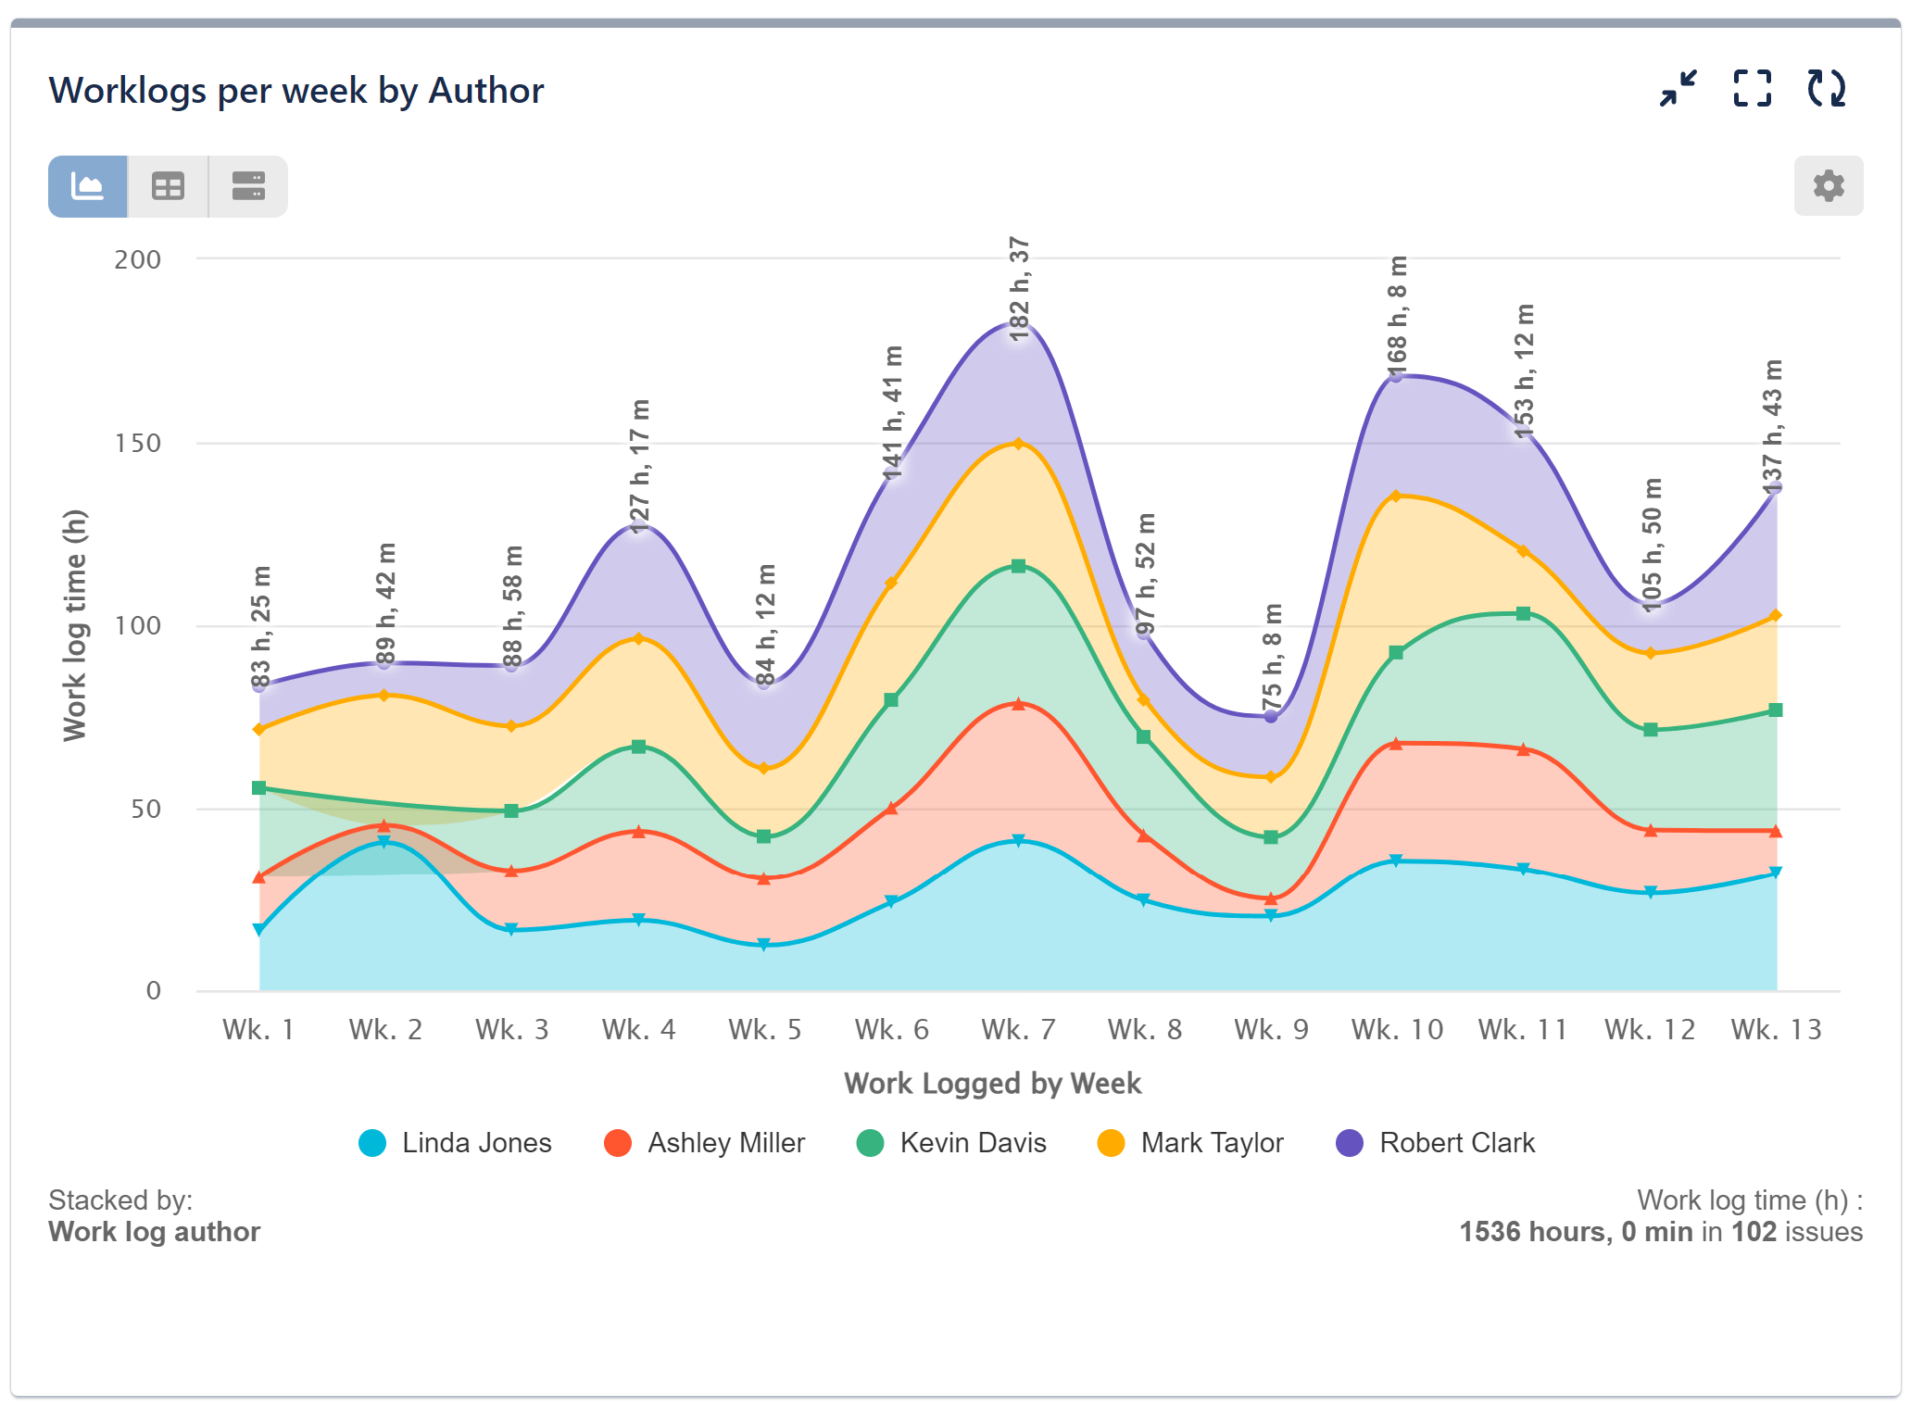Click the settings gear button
coord(1828,186)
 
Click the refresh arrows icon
coord(1826,89)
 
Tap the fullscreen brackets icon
coord(1752,89)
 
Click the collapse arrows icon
coord(1678,89)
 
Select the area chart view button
coord(88,186)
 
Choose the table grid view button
coord(168,186)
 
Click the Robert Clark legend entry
coord(1436,1143)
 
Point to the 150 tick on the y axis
coord(137,443)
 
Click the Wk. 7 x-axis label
coord(1018,1029)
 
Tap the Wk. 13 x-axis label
coord(1776,1029)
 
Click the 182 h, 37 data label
coord(1019,289)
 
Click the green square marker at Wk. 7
coord(1018,566)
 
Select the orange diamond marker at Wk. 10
coord(1396,496)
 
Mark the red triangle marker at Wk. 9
coord(1271,898)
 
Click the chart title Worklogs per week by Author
coord(296,91)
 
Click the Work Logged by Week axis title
coord(992,1083)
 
